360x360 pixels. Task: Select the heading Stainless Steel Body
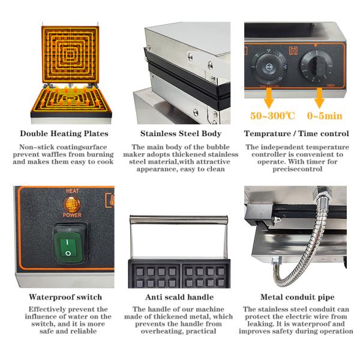coord(181,134)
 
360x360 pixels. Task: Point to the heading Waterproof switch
coord(65,297)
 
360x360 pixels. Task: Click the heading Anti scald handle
coord(181,297)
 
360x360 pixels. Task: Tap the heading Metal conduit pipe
coord(297,297)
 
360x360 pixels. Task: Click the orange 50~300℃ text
coord(271,115)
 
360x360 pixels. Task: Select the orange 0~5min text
coord(325,115)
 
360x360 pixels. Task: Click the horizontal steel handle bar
coord(180,220)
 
